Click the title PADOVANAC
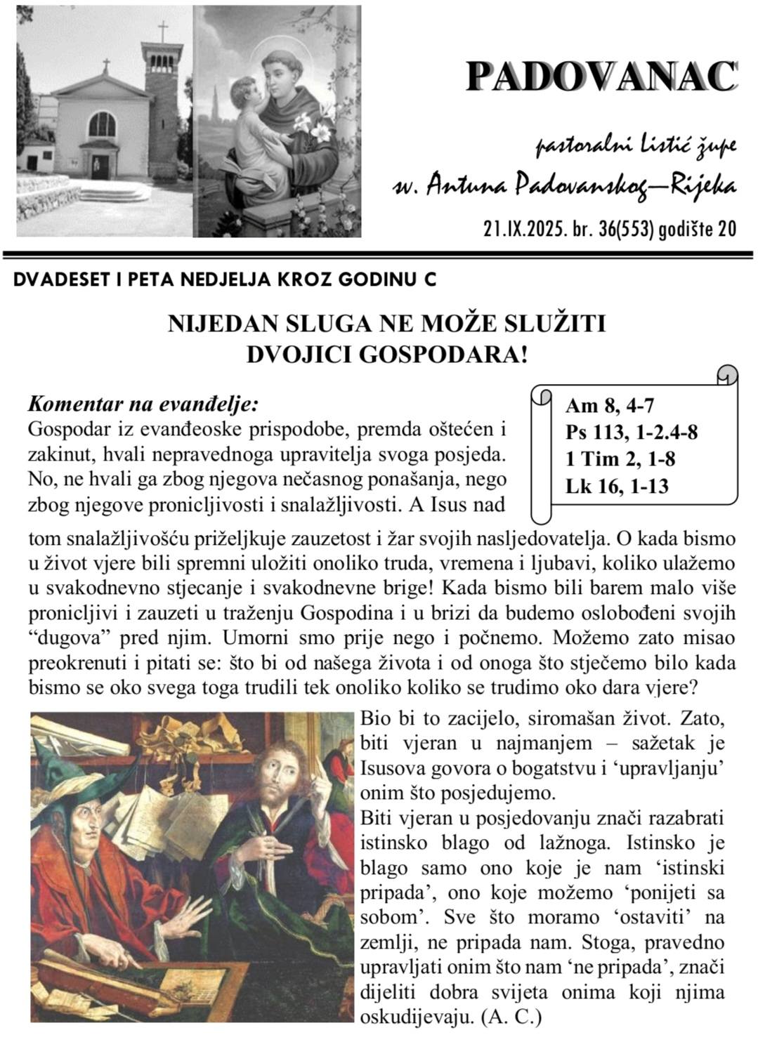[x=602, y=76]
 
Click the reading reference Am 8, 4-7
[x=610, y=405]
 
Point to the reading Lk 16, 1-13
[x=617, y=485]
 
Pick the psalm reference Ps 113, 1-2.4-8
[x=632, y=432]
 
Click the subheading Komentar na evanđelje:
[x=143, y=405]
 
